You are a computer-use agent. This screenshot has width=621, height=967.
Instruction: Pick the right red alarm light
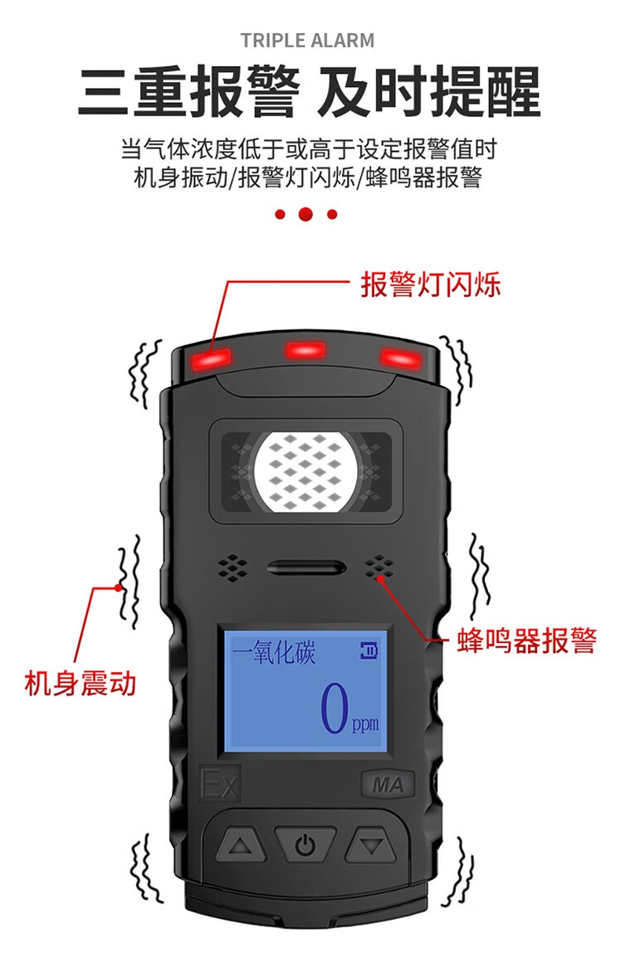point(401,358)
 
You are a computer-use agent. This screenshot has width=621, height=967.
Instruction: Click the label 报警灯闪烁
point(430,285)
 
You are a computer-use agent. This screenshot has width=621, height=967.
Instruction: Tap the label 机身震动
point(80,682)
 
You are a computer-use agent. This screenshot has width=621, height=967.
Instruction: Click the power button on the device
point(305,846)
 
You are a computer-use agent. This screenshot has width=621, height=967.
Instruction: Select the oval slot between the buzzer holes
point(306,568)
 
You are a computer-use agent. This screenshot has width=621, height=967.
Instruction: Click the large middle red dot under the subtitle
point(306,214)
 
